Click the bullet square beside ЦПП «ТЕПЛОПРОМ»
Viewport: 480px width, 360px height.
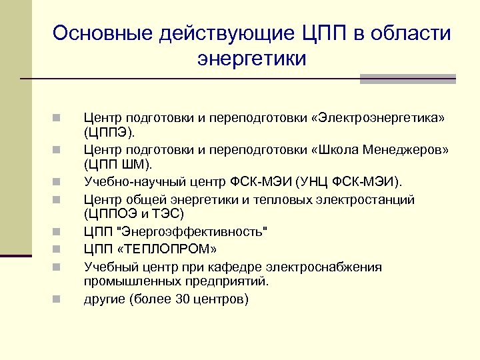click(x=59, y=250)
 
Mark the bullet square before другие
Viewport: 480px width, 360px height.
click(x=59, y=299)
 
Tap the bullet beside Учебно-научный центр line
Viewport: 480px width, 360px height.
click(x=59, y=181)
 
